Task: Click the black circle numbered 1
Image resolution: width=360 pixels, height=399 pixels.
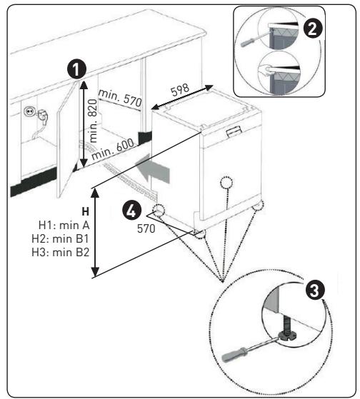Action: [76, 69]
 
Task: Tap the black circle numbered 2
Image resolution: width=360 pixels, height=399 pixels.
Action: [313, 29]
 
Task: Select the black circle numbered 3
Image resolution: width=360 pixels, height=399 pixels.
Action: [315, 291]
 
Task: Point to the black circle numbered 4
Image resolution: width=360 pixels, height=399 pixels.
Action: [132, 211]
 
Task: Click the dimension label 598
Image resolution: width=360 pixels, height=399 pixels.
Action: [180, 90]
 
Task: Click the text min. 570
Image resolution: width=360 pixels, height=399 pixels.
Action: [120, 99]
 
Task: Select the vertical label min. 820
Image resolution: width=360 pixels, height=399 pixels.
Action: [93, 121]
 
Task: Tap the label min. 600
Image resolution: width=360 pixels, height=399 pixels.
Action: [113, 149]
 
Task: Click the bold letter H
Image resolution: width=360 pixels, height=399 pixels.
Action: [86, 211]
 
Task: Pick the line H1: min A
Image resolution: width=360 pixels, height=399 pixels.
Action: [64, 226]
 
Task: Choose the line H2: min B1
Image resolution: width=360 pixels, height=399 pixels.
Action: [60, 239]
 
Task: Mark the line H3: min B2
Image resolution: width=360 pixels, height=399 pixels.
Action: [60, 253]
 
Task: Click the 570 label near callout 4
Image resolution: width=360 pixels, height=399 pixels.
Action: [146, 228]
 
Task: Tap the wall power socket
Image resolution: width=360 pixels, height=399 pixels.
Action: [28, 111]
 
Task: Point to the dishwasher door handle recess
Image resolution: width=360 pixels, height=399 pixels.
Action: [234, 131]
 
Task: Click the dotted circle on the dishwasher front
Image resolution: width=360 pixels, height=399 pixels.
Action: [226, 183]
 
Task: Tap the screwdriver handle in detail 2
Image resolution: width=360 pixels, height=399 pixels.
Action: [247, 42]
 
